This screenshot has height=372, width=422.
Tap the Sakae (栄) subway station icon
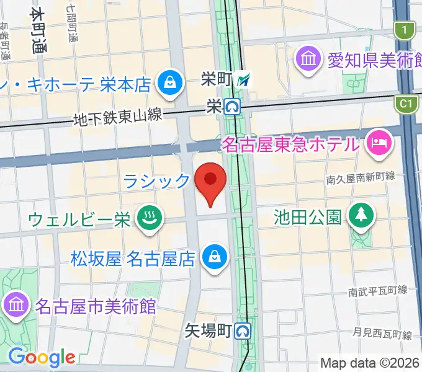point(233,107)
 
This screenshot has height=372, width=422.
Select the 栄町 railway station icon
point(246,79)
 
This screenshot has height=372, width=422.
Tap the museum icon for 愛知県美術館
point(308,60)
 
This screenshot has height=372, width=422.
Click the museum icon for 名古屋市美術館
point(14,305)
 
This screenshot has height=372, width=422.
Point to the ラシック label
point(156,181)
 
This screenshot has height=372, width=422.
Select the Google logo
point(42,357)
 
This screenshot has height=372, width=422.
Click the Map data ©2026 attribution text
point(370,363)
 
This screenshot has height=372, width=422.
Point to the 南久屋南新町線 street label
point(361,177)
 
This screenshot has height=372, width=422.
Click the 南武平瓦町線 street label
point(377,290)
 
